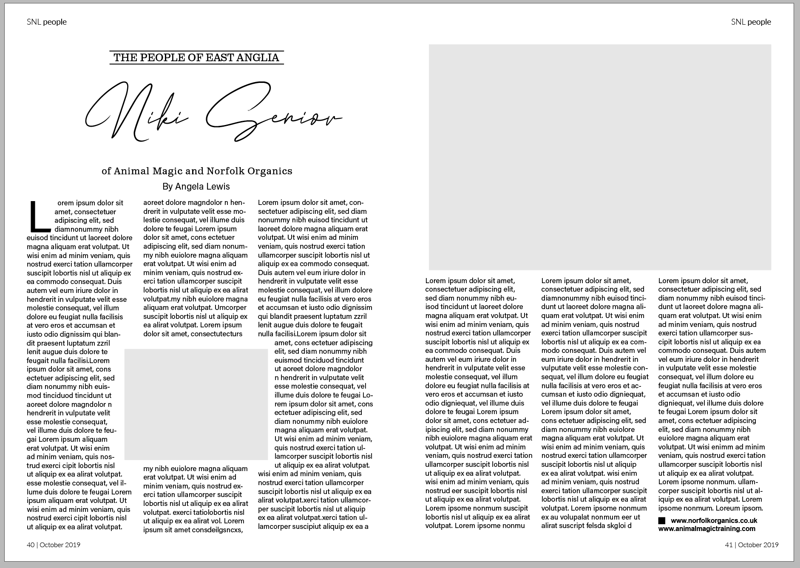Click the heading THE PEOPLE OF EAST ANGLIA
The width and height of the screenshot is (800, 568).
click(x=196, y=57)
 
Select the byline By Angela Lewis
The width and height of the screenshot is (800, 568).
click(x=196, y=186)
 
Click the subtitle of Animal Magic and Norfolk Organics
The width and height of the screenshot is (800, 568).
click(x=197, y=171)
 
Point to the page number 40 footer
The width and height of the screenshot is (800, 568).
click(x=54, y=545)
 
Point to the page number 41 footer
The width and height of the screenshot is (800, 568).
click(x=752, y=545)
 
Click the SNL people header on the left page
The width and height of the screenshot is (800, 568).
click(x=47, y=22)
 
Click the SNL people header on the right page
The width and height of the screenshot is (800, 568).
click(x=751, y=22)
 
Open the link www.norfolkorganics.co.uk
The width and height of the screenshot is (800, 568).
click(x=714, y=520)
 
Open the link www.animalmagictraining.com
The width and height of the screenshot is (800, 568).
click(x=706, y=529)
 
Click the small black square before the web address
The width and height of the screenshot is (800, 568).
click(x=661, y=520)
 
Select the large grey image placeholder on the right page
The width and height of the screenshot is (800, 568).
click(x=600, y=157)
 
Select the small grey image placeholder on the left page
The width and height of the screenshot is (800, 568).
click(x=196, y=404)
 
